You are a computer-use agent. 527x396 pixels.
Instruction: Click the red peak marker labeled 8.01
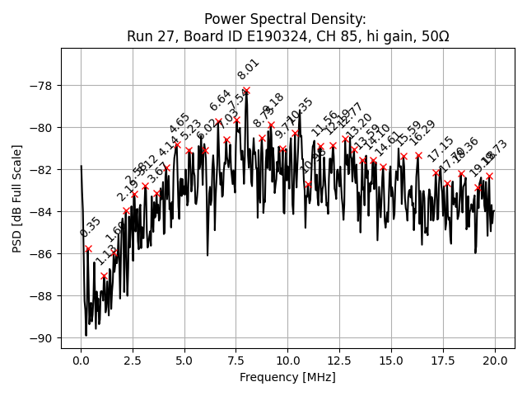246,90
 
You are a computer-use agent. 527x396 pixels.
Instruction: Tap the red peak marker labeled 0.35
88,248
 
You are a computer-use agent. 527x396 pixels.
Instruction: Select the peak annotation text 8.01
249,69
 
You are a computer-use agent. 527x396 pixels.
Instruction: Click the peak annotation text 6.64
220,100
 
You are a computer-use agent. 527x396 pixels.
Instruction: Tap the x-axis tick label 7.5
236,361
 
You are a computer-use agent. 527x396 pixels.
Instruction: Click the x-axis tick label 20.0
494,361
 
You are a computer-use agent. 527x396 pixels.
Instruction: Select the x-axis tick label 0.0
81,361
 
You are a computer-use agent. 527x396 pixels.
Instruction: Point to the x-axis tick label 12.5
339,361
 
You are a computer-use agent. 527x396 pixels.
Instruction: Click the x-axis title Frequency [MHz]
287,377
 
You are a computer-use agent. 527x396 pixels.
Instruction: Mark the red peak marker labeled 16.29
418,155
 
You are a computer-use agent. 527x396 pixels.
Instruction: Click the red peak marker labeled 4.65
177,144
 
